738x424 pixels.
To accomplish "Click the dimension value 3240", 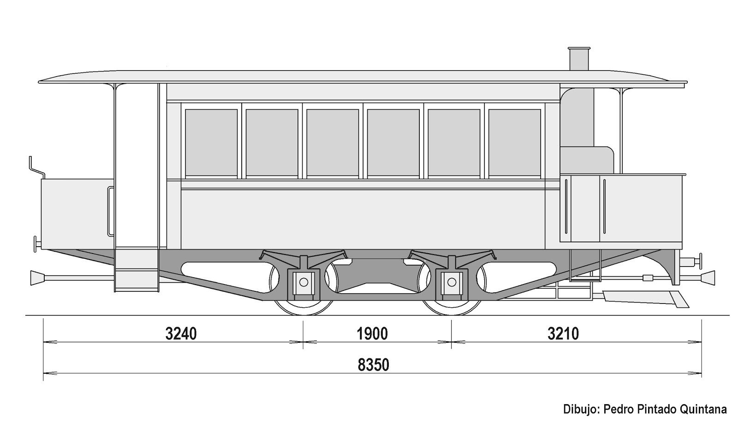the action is tap(181, 333).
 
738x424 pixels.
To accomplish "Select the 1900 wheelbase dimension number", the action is tap(372, 333).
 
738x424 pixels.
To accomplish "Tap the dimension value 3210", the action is tap(563, 333).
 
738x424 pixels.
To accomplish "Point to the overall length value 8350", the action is tap(373, 365).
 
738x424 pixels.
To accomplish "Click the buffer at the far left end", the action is tap(36, 277).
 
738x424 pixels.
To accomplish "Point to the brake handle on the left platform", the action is tap(36, 167).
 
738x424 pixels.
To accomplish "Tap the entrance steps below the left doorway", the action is tap(137, 279).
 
